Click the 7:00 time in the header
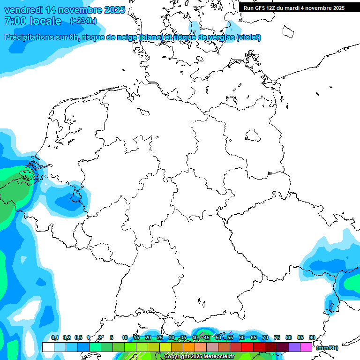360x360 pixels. click(15, 21)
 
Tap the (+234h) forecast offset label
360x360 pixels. click(83, 21)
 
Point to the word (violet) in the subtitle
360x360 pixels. click(249, 37)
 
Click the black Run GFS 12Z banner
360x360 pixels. click(294, 7)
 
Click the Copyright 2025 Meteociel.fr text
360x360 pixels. click(199, 357)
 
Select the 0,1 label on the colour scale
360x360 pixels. click(55, 337)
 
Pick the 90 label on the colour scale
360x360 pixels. click(312, 337)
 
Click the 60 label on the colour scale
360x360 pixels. click(242, 337)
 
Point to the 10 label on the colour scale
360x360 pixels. click(125, 337)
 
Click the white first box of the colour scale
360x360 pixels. click(48, 347)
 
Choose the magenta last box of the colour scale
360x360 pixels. click(306, 347)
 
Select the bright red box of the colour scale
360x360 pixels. click(247, 347)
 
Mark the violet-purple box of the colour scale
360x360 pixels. click(294, 347)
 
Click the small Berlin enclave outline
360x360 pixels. click(254, 136)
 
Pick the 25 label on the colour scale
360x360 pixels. click(160, 337)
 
